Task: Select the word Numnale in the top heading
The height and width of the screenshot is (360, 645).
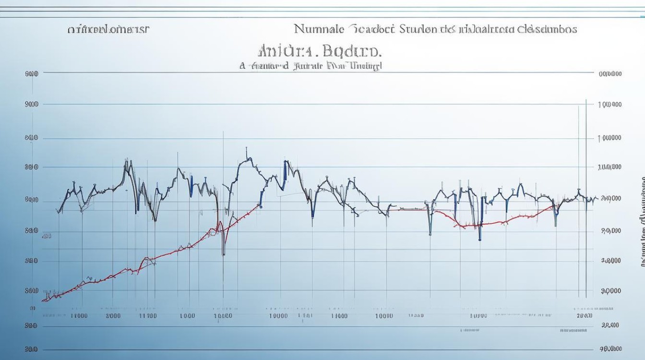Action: coord(319,29)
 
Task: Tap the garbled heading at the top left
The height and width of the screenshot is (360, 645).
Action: coord(108,29)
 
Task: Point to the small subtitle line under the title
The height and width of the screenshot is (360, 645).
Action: coord(311,66)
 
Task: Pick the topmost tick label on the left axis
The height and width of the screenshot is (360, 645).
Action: coord(31,74)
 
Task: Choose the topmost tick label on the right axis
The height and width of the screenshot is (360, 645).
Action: coord(610,74)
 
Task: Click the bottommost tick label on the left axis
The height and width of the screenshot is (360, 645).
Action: coord(31,349)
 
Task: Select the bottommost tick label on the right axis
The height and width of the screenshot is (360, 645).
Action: coord(610,349)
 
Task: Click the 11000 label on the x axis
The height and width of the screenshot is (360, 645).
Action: coord(79,315)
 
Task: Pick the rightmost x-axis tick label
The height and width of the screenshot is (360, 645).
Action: coord(585,315)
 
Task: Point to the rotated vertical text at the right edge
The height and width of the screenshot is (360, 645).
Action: coord(642,221)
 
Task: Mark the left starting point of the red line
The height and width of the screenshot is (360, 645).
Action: coord(44,300)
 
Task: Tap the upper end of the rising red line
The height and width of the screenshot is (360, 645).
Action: coord(260,205)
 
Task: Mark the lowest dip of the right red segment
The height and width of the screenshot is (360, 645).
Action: coord(463,226)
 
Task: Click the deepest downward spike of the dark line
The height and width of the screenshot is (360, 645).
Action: coord(224,254)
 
